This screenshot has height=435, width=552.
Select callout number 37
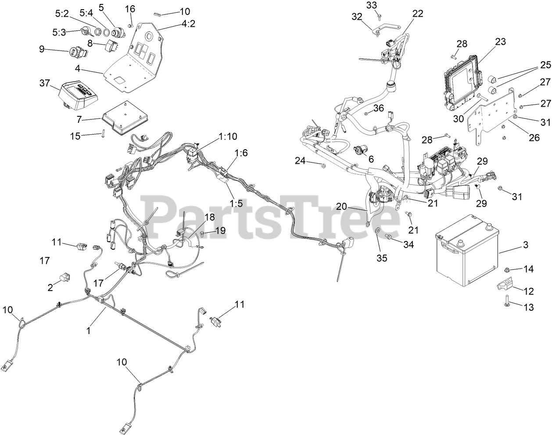click(45, 83)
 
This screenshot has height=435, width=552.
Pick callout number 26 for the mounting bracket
click(533, 137)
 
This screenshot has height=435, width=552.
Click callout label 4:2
click(187, 24)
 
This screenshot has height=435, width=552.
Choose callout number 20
click(341, 206)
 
